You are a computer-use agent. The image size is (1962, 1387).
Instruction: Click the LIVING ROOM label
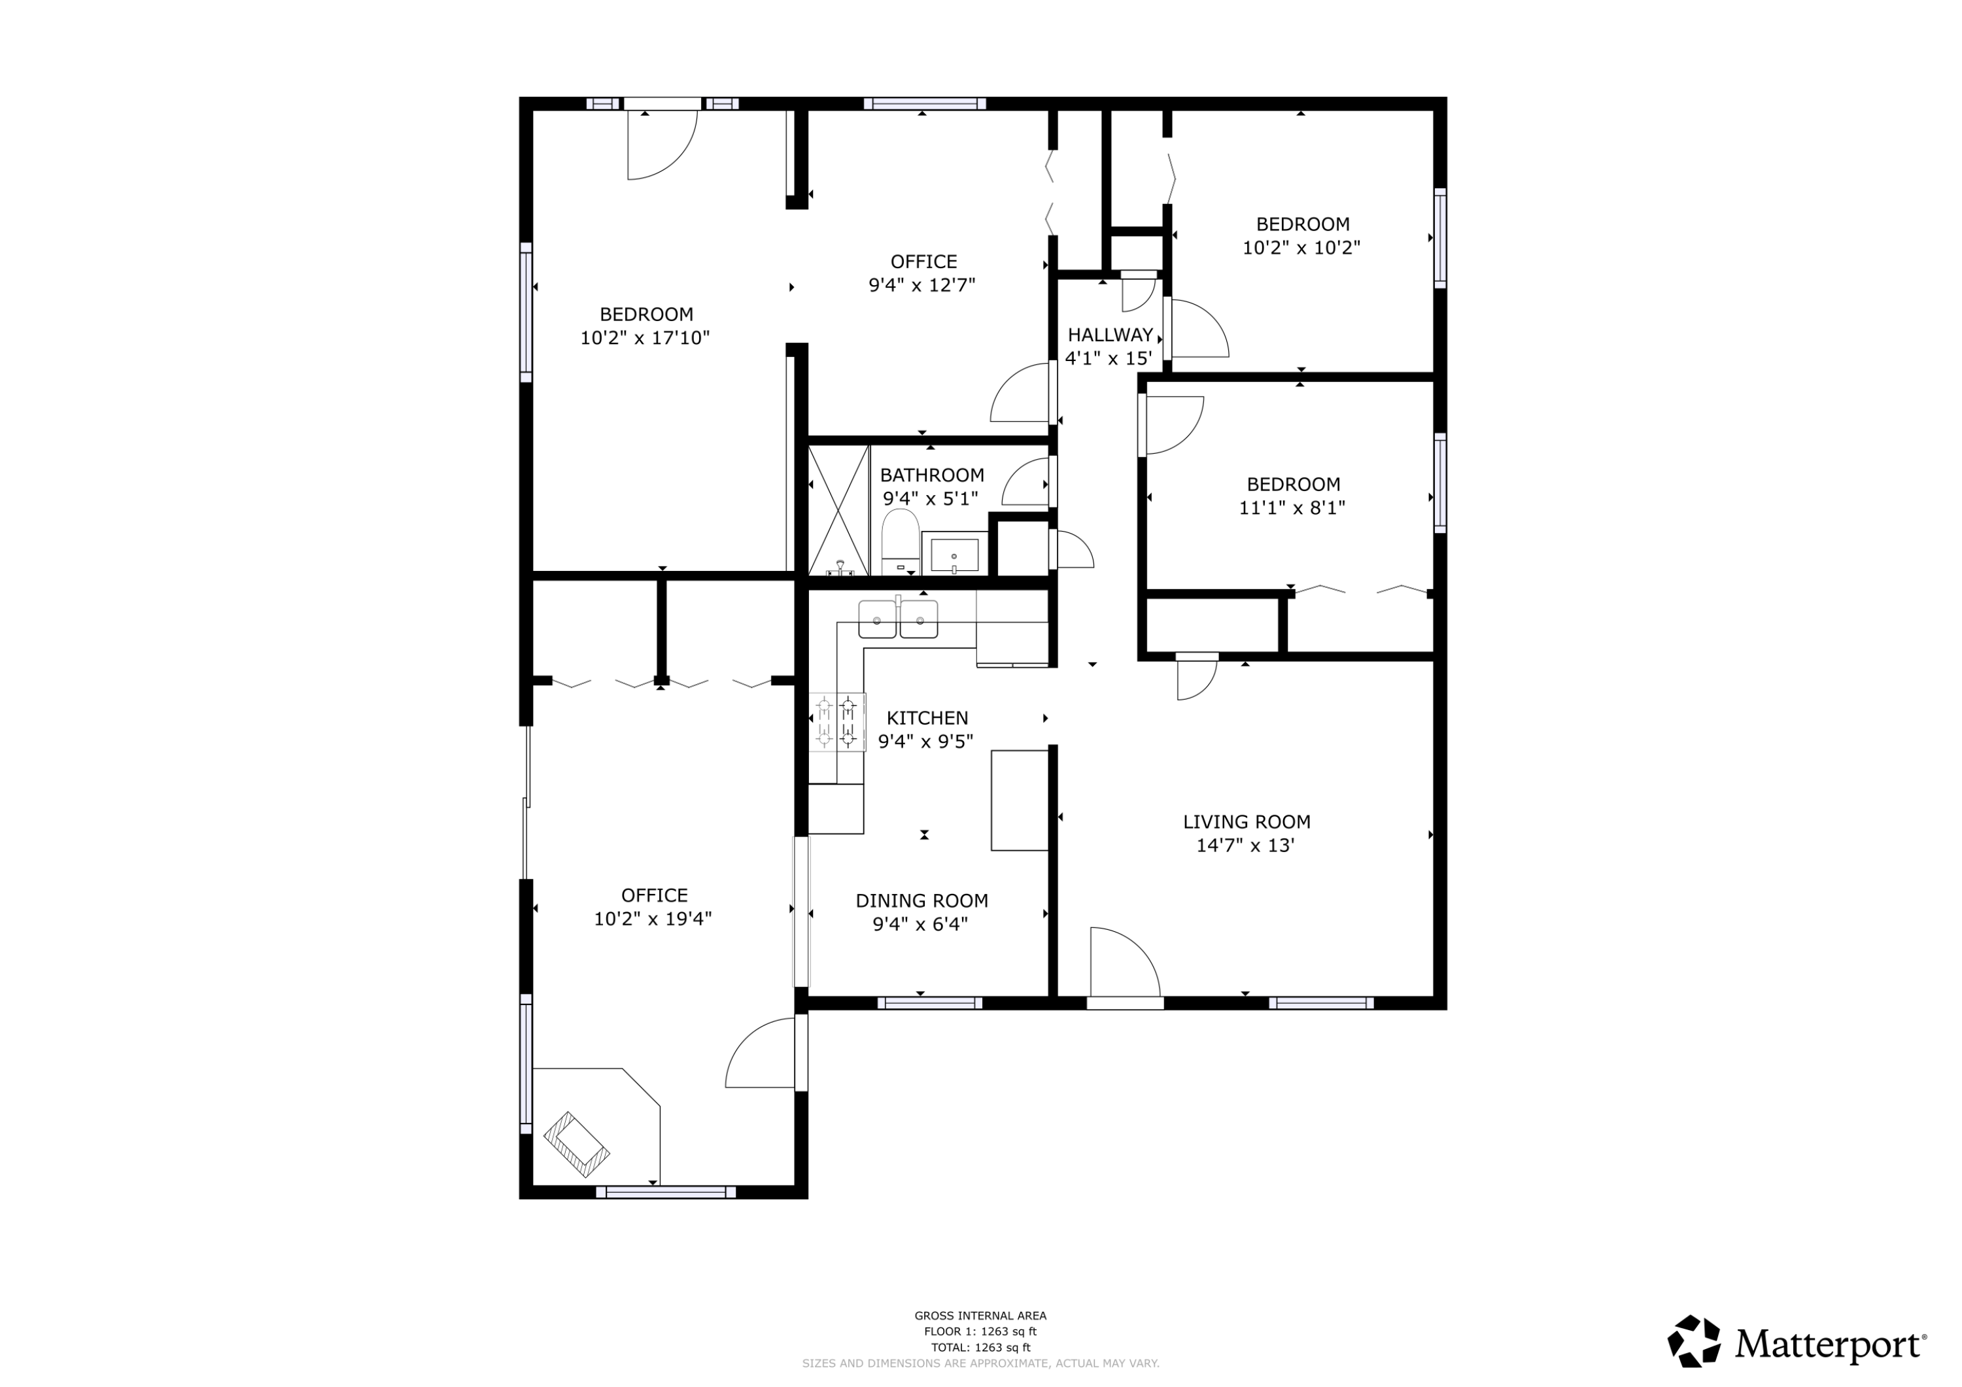pyautogui.click(x=1246, y=822)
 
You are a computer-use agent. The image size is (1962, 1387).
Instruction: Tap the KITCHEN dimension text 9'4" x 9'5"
pyautogui.click(x=925, y=741)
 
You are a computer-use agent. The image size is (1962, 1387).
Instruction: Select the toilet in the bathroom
pyautogui.click(x=900, y=543)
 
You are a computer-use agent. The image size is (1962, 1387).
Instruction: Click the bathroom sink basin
pyautogui.click(x=954, y=555)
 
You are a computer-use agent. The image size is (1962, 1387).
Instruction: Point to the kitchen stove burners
pyautogui.click(x=836, y=722)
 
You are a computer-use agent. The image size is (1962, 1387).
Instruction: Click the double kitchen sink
pyautogui.click(x=897, y=619)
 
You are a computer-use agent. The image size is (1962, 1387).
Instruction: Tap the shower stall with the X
pyautogui.click(x=838, y=510)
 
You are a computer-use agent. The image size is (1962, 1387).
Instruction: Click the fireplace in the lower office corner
pyautogui.click(x=577, y=1144)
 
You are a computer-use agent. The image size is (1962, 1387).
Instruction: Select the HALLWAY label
pyautogui.click(x=1110, y=335)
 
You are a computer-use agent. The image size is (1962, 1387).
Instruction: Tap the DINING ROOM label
pyautogui.click(x=921, y=900)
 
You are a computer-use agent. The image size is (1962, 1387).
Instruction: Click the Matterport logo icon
pyautogui.click(x=1695, y=1342)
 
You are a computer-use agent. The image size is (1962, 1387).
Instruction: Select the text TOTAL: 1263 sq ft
pyautogui.click(x=980, y=1348)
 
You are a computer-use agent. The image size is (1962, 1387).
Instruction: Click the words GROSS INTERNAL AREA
pyautogui.click(x=980, y=1316)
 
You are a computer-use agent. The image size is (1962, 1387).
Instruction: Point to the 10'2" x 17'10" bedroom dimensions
pyautogui.click(x=644, y=337)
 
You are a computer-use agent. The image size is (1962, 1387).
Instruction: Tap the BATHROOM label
pyautogui.click(x=931, y=475)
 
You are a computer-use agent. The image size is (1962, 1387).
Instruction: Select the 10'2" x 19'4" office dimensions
pyautogui.click(x=653, y=919)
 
